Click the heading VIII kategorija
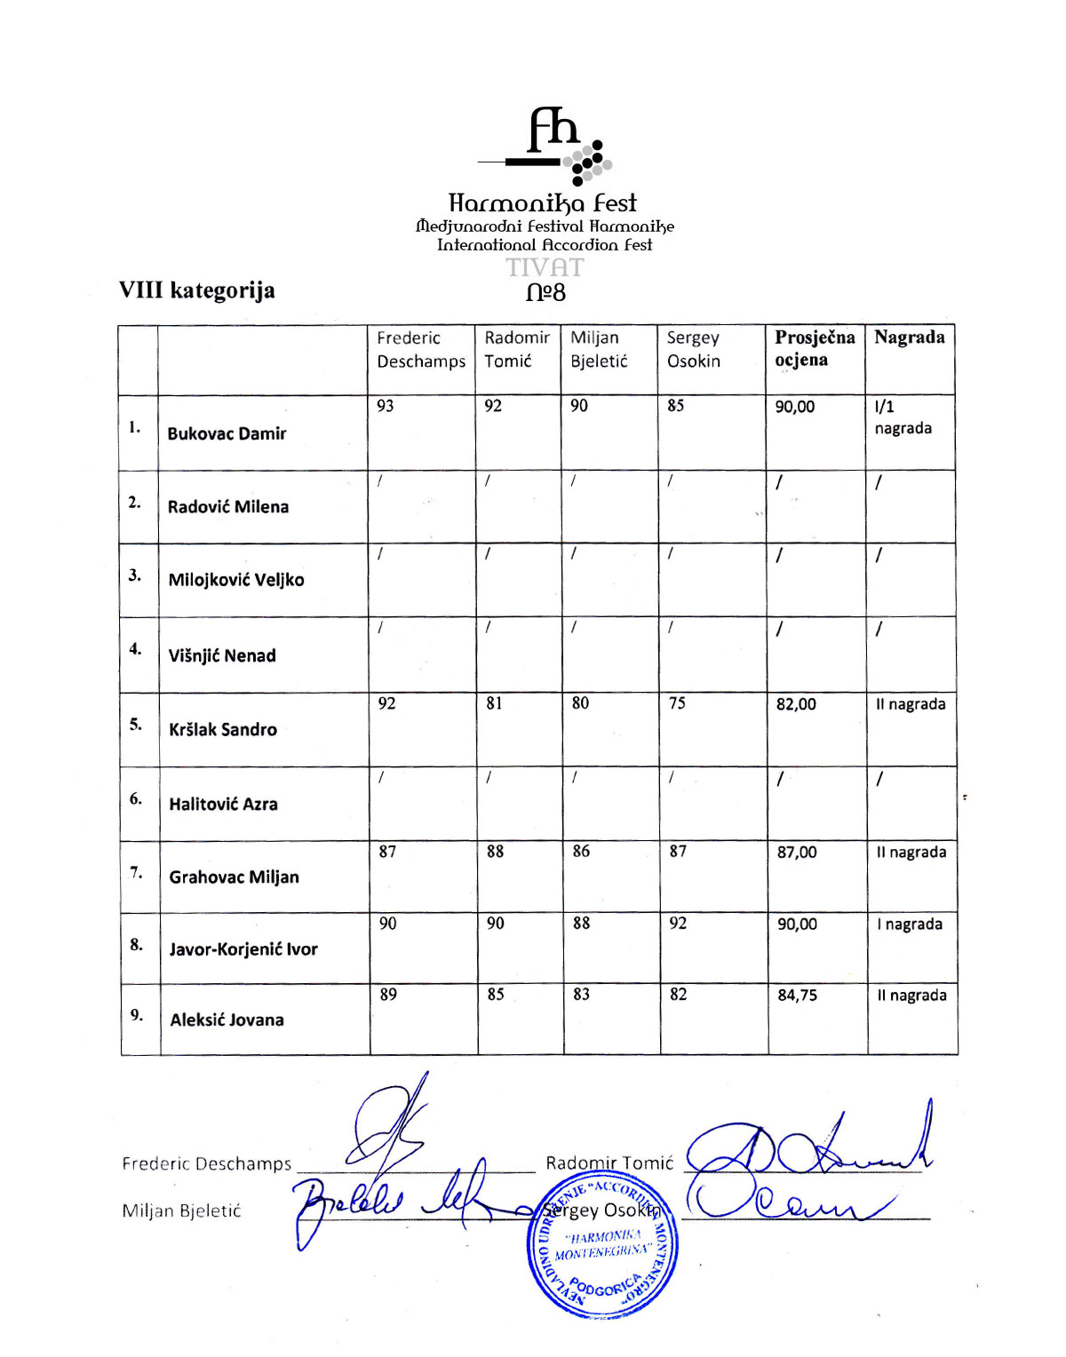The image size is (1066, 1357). pos(197,290)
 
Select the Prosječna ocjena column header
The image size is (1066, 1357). pos(814,348)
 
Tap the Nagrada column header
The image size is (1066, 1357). pos(909,337)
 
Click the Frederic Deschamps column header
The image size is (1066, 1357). pos(420,349)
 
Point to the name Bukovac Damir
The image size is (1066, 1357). pos(227,433)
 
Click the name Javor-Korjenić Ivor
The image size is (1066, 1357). pos(243,948)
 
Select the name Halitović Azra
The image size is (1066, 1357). pos(223,804)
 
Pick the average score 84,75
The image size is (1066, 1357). pos(797,995)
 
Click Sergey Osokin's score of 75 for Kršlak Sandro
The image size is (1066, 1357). pos(677,703)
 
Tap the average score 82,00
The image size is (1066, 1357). pos(796,704)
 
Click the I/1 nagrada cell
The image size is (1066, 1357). pos(903,417)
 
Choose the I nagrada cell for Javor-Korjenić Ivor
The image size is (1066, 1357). pos(909,924)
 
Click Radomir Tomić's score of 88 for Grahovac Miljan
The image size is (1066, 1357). pos(495,851)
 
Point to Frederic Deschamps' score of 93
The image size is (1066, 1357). pos(386,406)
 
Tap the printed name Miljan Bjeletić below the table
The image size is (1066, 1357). pos(181,1210)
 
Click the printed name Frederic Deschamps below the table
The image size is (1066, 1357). pos(206,1163)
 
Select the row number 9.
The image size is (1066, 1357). pos(137,1014)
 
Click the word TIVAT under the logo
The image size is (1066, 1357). pos(545,267)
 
